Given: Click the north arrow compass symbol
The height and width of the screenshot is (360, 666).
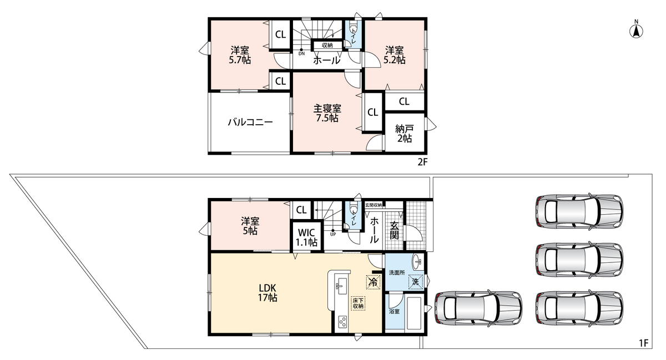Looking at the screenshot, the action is pyautogui.click(x=636, y=31).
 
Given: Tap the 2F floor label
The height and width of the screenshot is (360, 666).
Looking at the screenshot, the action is pyautogui.click(x=422, y=162).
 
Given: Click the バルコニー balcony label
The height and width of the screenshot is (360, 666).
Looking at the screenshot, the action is pyautogui.click(x=250, y=122).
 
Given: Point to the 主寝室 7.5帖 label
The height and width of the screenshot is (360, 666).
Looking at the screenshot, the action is pyautogui.click(x=327, y=113).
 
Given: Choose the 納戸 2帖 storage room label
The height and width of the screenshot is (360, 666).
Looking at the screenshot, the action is pyautogui.click(x=405, y=134).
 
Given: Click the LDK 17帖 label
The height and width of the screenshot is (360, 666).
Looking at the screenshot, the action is pyautogui.click(x=268, y=292).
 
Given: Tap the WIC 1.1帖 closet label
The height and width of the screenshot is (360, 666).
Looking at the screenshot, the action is pyautogui.click(x=306, y=237).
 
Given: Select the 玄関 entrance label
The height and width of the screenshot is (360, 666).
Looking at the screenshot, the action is pyautogui.click(x=394, y=230).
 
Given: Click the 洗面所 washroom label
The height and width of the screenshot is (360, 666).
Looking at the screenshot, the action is pyautogui.click(x=397, y=272).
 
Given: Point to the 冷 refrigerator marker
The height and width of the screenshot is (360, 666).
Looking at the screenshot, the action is pyautogui.click(x=373, y=282).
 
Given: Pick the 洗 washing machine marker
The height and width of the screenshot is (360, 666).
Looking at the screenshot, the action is pyautogui.click(x=415, y=282).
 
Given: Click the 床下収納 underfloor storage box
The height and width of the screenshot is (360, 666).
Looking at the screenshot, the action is pyautogui.click(x=358, y=303).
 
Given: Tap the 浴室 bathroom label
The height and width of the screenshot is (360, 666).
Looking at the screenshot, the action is pyautogui.click(x=394, y=312).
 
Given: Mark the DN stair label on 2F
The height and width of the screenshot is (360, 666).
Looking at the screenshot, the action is pyautogui.click(x=301, y=54).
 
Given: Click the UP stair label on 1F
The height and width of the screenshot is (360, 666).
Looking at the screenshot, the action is pyautogui.click(x=333, y=234).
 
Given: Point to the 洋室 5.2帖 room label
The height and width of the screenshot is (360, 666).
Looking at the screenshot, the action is pyautogui.click(x=394, y=55).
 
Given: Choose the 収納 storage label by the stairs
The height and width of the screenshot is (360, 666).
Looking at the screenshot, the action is pyautogui.click(x=327, y=45).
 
